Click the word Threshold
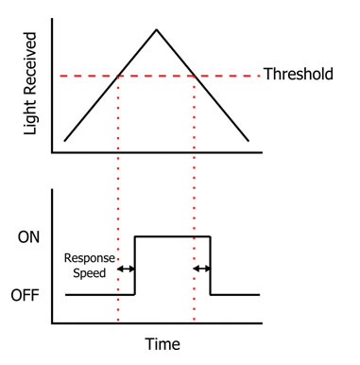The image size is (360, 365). (x=298, y=74)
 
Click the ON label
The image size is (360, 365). (x=29, y=236)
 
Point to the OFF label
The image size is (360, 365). (x=27, y=295)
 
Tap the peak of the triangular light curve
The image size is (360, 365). (x=156, y=29)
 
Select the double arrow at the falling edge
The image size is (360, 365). (x=201, y=269)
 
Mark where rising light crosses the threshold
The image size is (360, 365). (x=117, y=75)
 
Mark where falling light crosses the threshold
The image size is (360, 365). (x=194, y=75)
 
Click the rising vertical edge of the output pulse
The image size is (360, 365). (x=135, y=265)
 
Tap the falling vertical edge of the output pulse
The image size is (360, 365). (x=210, y=265)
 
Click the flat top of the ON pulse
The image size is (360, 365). (x=172, y=235)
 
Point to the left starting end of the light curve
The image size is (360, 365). (x=64, y=141)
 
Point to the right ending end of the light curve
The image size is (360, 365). (x=249, y=142)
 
